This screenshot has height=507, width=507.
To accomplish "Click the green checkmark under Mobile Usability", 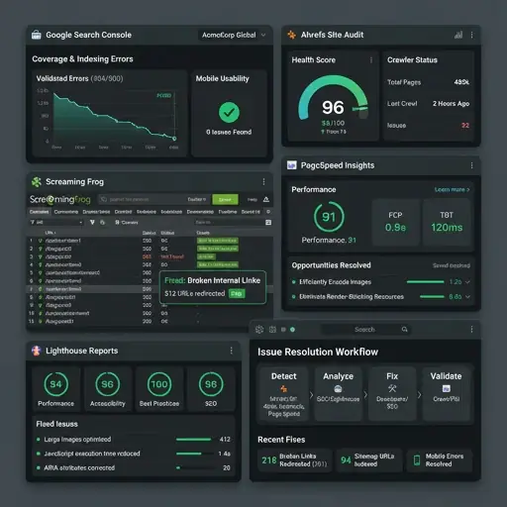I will tap(229, 112).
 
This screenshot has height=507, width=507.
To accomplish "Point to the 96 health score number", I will tap(334, 108).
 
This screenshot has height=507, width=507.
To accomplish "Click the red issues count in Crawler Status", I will tap(464, 126).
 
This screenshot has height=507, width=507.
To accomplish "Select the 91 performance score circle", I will tap(328, 217).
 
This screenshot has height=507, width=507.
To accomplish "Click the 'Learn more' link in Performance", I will tap(452, 189).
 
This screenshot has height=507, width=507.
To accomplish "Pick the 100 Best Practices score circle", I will tap(157, 384).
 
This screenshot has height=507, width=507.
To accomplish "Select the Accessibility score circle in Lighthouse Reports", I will tap(107, 384).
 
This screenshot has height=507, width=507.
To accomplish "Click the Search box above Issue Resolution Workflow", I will tap(365, 329).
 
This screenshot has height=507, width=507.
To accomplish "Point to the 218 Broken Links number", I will tap(269, 458).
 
